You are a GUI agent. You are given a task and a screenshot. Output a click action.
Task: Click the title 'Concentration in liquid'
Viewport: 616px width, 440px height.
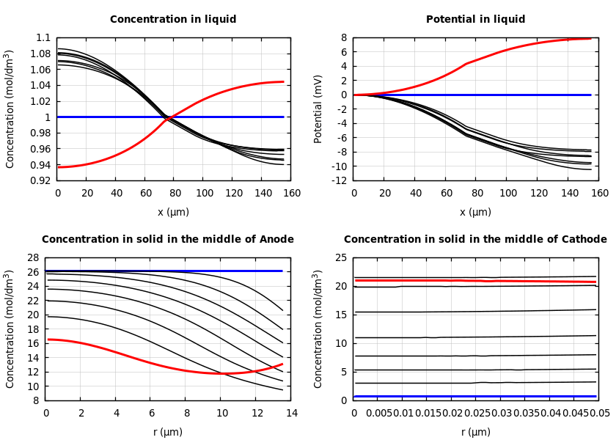(x=173, y=20)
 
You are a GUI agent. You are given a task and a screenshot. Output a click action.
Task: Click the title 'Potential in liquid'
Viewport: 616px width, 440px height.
(x=475, y=20)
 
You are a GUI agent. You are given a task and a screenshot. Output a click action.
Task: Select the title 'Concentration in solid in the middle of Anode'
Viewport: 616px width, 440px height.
(x=168, y=240)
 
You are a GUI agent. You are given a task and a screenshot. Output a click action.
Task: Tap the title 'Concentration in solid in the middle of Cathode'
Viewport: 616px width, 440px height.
(x=475, y=240)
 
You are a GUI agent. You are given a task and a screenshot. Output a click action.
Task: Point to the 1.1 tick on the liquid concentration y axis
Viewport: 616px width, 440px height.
(x=44, y=38)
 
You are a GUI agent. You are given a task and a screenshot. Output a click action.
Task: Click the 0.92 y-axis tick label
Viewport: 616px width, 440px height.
(x=41, y=180)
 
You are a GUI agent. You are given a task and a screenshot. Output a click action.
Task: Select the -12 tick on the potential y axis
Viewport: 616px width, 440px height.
(x=339, y=180)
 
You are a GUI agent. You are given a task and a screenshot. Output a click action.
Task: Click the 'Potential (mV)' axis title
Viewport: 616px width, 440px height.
(x=318, y=109)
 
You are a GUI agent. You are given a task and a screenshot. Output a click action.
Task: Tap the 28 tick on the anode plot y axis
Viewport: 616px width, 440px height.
(x=32, y=258)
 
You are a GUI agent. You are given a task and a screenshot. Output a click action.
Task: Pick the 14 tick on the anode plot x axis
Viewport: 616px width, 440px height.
(x=290, y=414)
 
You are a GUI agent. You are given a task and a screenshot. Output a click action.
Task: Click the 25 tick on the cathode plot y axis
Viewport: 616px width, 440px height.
(x=340, y=258)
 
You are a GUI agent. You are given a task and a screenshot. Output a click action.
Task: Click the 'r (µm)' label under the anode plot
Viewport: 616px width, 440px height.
(x=168, y=432)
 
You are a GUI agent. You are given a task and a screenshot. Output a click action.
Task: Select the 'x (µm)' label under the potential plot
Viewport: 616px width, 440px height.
(x=475, y=212)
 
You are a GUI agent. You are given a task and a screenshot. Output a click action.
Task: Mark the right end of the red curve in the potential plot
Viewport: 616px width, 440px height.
(x=591, y=38)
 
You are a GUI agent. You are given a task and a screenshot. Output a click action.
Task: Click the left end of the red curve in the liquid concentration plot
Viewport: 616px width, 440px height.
(x=59, y=167)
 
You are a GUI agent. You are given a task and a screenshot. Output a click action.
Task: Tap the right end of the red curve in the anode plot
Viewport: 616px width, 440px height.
(x=282, y=364)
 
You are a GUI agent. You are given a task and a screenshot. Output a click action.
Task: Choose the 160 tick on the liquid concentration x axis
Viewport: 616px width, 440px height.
(x=292, y=194)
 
